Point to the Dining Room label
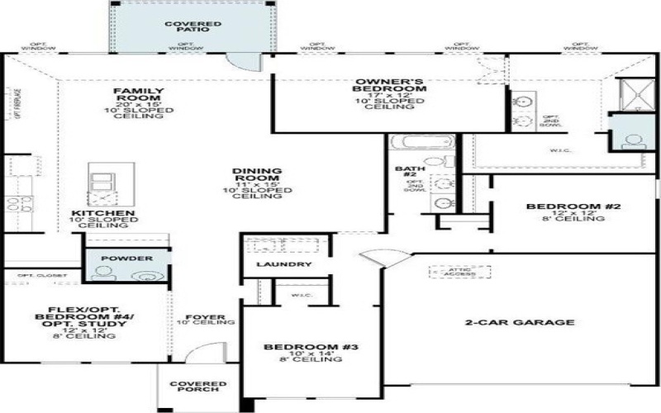[257, 176]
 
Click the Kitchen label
[103, 213]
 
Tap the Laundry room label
[283, 264]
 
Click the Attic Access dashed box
[459, 272]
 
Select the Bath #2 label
[404, 171]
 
